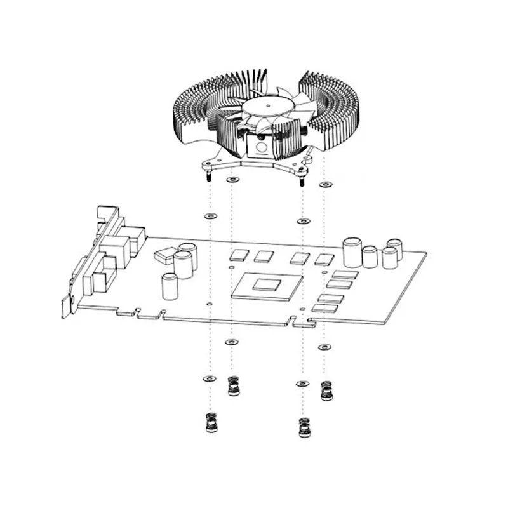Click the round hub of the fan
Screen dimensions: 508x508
pyautogui.click(x=268, y=105)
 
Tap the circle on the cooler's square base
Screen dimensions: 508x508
pyautogui.click(x=260, y=147)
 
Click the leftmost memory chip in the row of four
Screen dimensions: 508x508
pyautogui.click(x=240, y=255)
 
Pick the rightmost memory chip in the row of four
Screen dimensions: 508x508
pyautogui.click(x=324, y=258)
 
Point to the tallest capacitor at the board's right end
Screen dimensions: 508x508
pyautogui.click(x=352, y=252)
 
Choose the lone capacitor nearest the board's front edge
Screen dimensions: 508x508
pyautogui.click(x=170, y=286)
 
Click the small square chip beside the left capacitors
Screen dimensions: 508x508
pyautogui.click(x=163, y=255)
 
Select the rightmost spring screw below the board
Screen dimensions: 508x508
pyautogui.click(x=326, y=390)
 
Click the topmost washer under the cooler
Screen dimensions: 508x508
pyautogui.click(x=232, y=180)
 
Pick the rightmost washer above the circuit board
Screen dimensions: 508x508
pyautogui.click(x=325, y=184)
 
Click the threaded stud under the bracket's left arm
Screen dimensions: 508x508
pyautogui.click(x=208, y=178)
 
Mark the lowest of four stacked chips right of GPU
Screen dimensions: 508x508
pyautogui.click(x=326, y=308)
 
